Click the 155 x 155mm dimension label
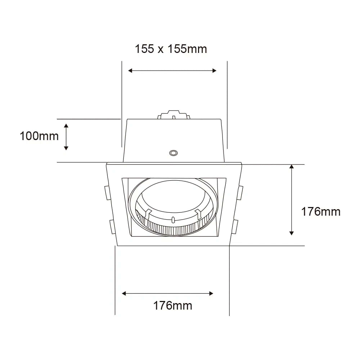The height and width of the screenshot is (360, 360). tap(171, 49)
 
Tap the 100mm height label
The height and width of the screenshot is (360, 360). tap(39, 136)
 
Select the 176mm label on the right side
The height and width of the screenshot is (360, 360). tap(321, 211)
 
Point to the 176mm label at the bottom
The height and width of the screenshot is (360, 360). tap(173, 306)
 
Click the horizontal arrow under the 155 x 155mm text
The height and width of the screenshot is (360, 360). tap(172, 71)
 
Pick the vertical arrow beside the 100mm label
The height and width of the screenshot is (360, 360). tap(66, 136)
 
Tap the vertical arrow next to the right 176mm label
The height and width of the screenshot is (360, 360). tap(292, 200)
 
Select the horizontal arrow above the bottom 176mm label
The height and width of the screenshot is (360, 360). tap(168, 293)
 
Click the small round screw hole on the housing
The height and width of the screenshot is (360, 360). tap(173, 153)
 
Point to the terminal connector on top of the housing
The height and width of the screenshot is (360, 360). tap(173, 115)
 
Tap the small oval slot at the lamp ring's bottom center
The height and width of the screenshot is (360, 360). tap(173, 220)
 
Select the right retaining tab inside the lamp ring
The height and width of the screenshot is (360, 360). tap(198, 213)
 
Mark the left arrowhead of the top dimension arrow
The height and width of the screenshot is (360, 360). tap(130, 71)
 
